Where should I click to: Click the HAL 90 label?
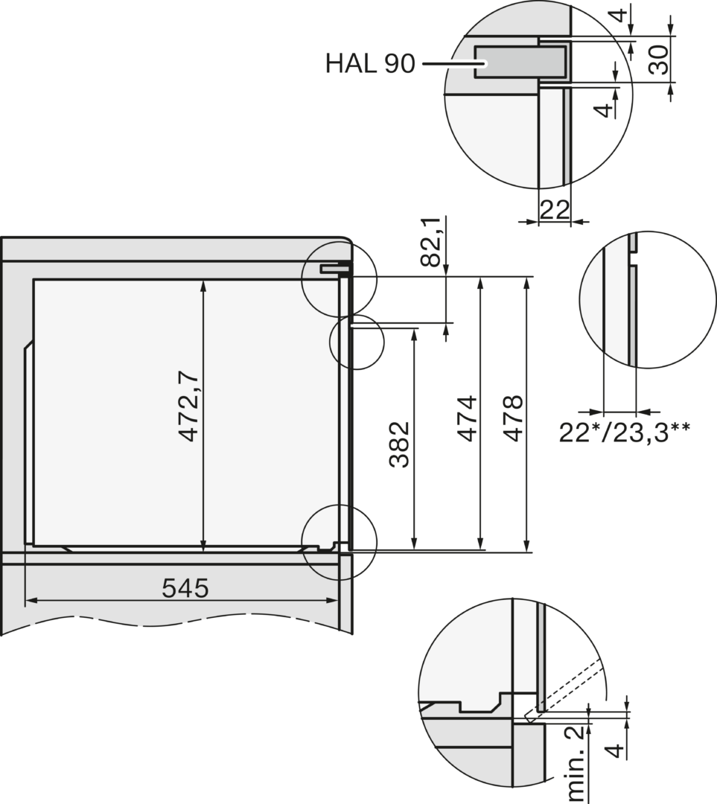pos(370,63)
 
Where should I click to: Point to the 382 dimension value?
pos(400,444)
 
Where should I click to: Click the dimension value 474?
pos(468,418)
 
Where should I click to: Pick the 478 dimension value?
pos(513,418)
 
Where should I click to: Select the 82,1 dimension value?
pos(431,241)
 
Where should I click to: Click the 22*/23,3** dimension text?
pos(624,433)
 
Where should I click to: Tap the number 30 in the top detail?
pos(658,60)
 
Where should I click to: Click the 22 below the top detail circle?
pos(555,209)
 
